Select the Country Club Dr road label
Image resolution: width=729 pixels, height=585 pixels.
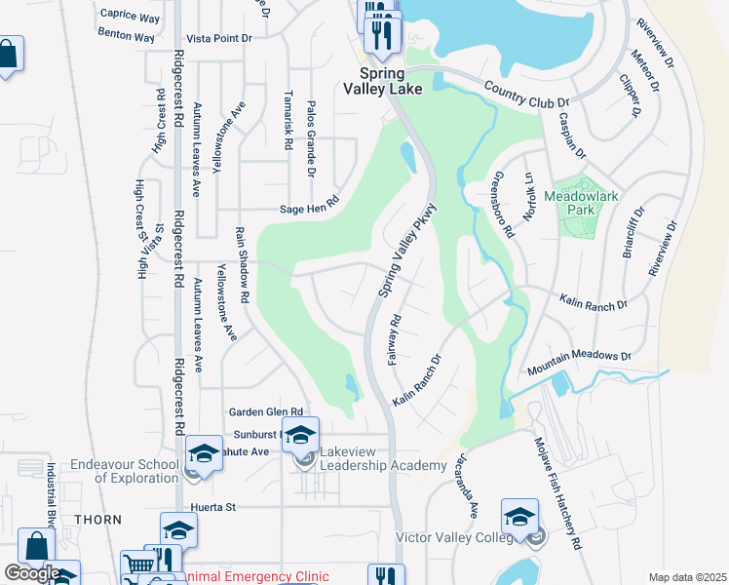point(526,96)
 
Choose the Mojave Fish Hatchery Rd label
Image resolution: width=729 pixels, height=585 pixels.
point(556,491)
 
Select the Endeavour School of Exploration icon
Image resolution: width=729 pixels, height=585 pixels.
point(204,452)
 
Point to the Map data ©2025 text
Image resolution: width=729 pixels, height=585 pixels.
point(687,577)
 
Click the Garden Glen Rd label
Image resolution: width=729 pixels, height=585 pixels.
point(266,412)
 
